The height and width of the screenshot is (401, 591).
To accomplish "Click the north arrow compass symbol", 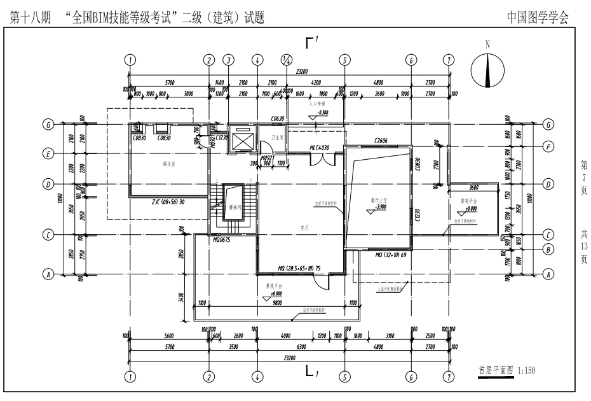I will point(487,70).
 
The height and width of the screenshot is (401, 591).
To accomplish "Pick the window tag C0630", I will point(276,118).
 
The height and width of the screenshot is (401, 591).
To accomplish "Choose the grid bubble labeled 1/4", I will point(286,60).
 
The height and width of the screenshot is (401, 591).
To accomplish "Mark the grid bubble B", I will point(548,249).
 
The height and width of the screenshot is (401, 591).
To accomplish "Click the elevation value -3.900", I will point(379,207).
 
